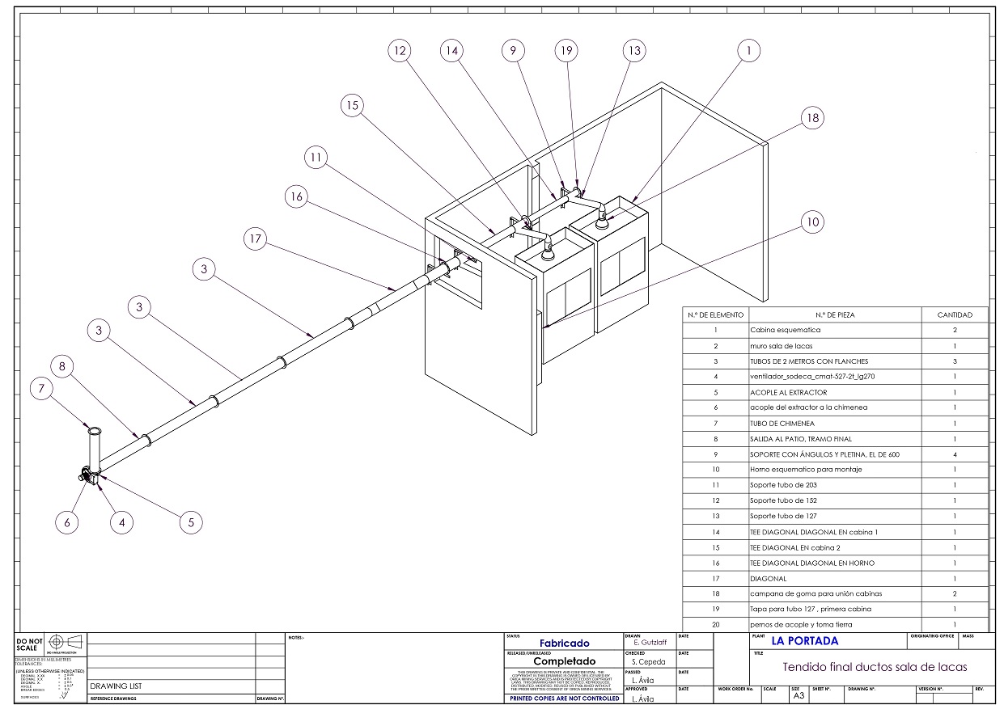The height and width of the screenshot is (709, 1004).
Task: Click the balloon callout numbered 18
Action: click(813, 118)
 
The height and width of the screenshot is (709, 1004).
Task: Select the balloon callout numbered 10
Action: click(812, 222)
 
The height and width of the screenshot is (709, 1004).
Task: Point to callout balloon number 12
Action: click(398, 50)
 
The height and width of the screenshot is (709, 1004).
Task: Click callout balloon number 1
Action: click(749, 50)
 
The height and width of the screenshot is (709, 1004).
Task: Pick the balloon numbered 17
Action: click(256, 238)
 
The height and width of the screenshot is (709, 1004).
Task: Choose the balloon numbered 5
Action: click(191, 522)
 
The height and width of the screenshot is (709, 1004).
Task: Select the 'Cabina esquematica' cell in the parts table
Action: click(785, 330)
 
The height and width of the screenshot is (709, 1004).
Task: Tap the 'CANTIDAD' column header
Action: click(955, 314)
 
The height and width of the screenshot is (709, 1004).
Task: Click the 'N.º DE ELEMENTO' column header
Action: click(715, 314)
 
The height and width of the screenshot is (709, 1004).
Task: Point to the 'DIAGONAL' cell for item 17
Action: click(768, 579)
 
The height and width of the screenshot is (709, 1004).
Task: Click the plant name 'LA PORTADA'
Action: click(805, 641)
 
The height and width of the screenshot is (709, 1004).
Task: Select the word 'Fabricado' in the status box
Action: click(564, 644)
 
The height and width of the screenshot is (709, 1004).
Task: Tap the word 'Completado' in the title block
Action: click(564, 661)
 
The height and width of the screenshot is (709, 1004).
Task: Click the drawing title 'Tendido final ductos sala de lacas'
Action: click(875, 667)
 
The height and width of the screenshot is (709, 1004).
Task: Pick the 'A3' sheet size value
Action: click(799, 695)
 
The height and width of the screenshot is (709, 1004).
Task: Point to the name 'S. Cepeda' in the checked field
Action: click(649, 661)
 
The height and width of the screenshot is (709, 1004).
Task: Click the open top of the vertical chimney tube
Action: click(95, 432)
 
